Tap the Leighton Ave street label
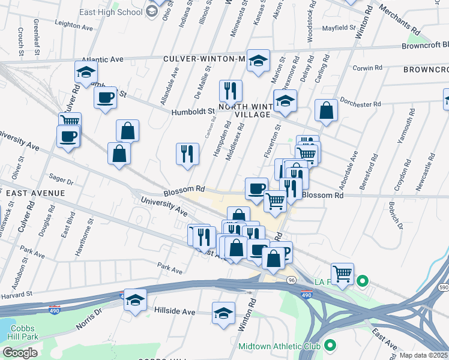73,27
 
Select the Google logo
20,352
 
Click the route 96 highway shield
291,280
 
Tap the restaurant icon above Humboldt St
230,91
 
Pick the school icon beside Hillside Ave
135,300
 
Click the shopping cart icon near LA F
342,274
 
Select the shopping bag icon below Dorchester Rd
326,110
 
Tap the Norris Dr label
89,319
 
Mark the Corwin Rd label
367,68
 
